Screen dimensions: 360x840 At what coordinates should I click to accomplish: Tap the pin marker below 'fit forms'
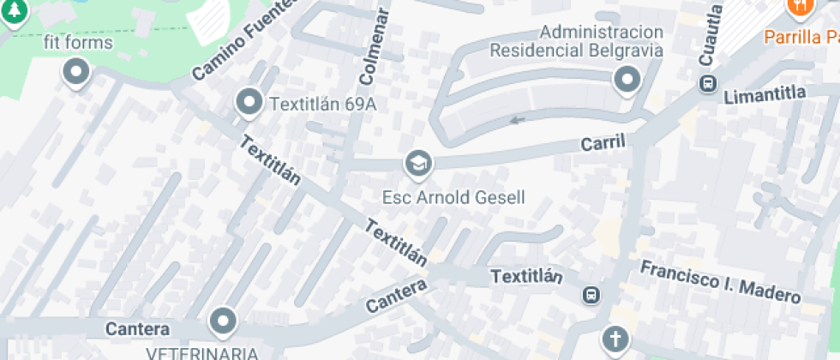(x=76, y=72)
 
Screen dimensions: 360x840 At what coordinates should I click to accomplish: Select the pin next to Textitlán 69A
(x=249, y=103)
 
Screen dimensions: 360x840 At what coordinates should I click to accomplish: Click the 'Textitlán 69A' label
(x=323, y=105)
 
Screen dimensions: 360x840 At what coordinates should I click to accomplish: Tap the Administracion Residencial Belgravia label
(x=577, y=41)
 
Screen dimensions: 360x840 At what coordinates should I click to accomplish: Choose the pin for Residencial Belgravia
(x=627, y=81)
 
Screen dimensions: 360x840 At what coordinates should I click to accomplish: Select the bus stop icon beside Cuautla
(x=708, y=84)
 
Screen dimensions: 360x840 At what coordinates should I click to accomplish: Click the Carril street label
(x=604, y=143)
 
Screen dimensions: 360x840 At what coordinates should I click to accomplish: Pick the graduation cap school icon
(x=418, y=162)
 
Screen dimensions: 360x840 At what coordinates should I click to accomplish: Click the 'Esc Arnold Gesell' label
(x=453, y=197)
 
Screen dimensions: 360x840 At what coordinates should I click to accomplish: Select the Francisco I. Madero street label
(x=721, y=281)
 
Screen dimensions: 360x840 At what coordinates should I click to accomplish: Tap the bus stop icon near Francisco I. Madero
(x=591, y=296)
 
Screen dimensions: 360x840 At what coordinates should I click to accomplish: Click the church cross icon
(x=615, y=339)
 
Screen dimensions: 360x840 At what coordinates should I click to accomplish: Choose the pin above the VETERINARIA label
(x=224, y=322)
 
